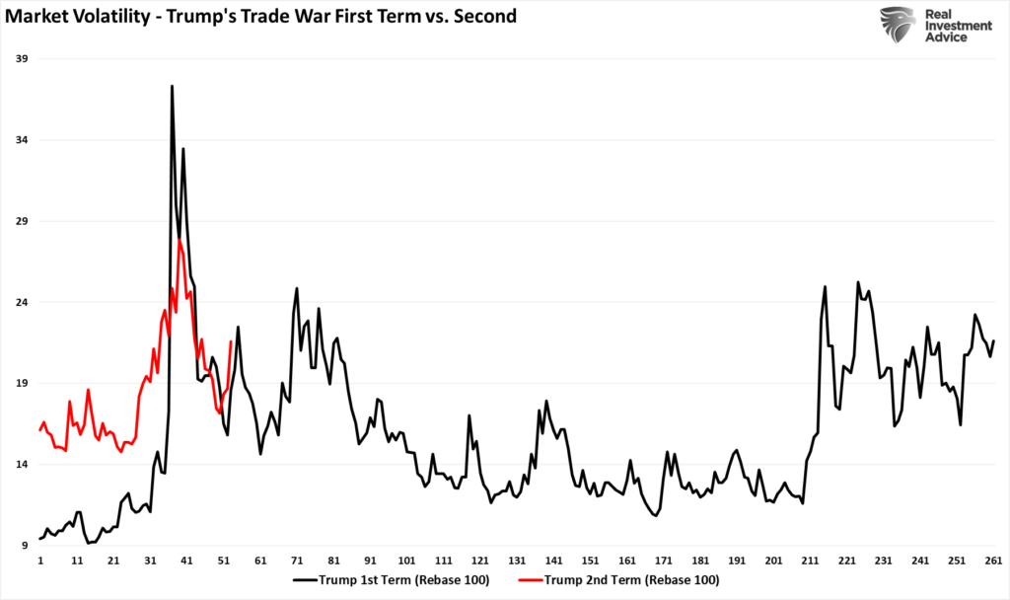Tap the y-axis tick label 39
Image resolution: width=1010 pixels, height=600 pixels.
click(x=20, y=59)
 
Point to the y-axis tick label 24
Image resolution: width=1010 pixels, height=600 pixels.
click(x=20, y=302)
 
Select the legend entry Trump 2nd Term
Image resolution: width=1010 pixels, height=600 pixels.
click(x=632, y=579)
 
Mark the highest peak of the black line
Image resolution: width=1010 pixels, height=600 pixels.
click(x=172, y=86)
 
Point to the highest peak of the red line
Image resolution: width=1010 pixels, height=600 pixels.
click(x=180, y=240)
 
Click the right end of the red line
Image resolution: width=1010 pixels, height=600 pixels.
click(x=230, y=342)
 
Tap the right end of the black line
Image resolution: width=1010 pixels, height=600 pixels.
click(x=993, y=340)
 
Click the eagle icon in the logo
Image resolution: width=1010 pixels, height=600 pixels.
click(x=898, y=26)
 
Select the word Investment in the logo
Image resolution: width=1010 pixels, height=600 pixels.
click(x=957, y=26)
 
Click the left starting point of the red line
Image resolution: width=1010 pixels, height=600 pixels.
click(x=40, y=430)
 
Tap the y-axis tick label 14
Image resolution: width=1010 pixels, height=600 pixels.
click(x=20, y=464)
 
